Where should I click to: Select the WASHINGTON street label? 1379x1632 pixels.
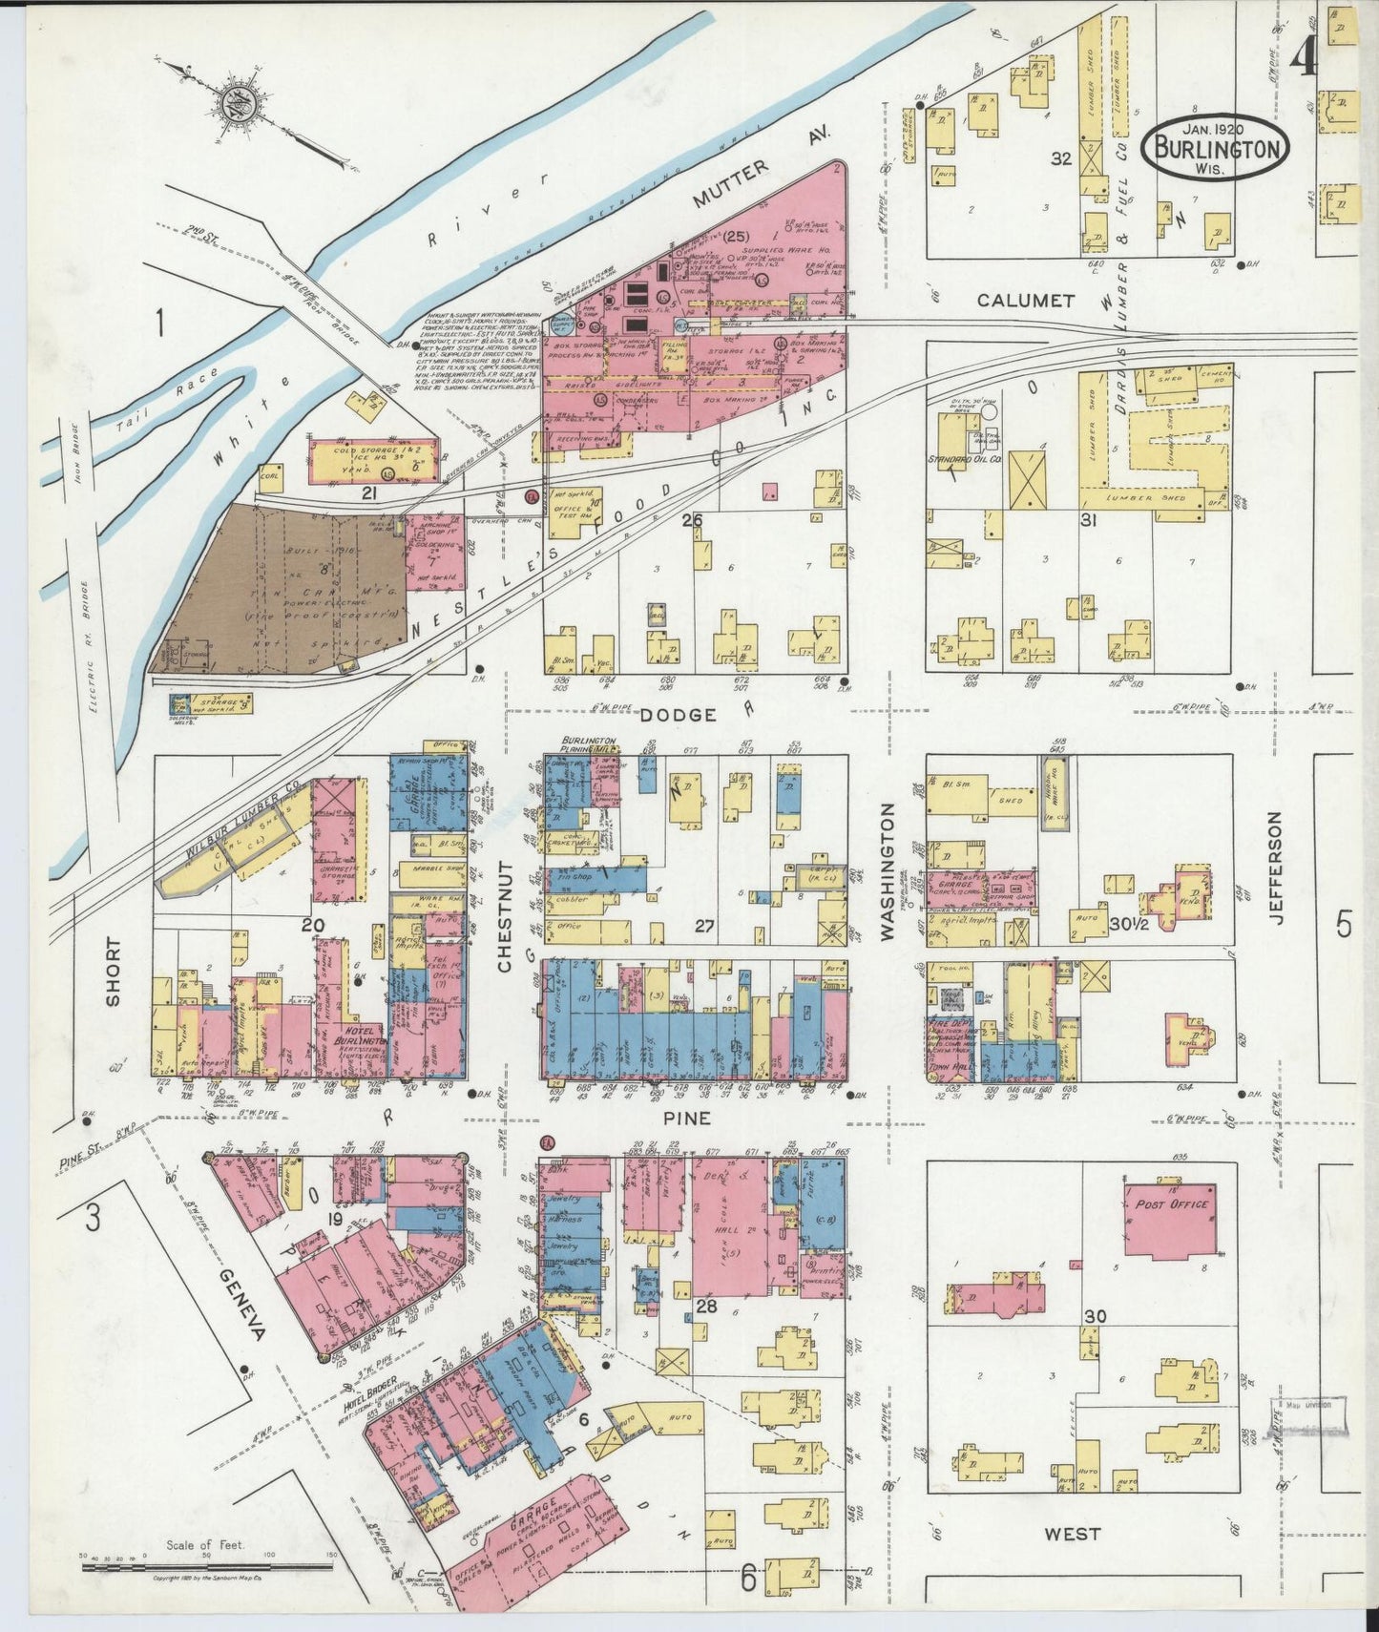click(x=889, y=871)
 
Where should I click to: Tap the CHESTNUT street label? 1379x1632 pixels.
click(x=505, y=916)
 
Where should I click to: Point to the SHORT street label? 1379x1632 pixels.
click(x=114, y=972)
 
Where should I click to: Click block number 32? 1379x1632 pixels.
click(x=1061, y=158)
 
